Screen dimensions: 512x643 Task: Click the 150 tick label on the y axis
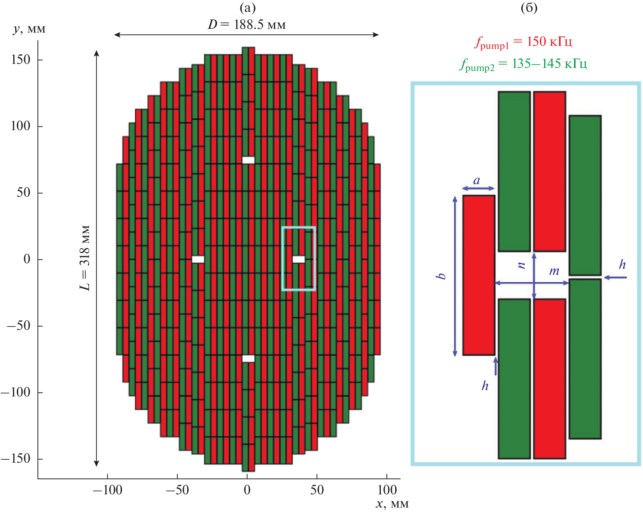coord(20,60)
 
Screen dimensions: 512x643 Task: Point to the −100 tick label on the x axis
coord(107,490)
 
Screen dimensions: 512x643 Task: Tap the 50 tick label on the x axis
coord(317,490)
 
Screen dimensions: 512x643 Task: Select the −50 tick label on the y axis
coord(19,326)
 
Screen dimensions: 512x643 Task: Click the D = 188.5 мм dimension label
coord(247,24)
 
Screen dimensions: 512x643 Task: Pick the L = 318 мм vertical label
coord(85,258)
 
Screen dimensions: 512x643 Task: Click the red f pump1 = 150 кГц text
coord(523,42)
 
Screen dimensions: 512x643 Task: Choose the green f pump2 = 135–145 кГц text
coord(523,64)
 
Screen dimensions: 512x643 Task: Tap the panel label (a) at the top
coord(247,8)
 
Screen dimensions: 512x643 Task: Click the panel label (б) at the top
coord(529,8)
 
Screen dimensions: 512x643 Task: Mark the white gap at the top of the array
coord(248,160)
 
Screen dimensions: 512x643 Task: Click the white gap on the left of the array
coord(198,259)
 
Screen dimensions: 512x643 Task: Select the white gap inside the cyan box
coord(299,259)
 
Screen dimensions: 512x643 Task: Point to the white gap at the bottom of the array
coord(248,358)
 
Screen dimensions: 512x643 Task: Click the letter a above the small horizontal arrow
coord(477,181)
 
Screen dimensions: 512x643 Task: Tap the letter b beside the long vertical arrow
coord(441,276)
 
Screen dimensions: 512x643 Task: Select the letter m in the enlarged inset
coord(554,271)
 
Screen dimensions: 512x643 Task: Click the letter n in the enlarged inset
coord(521,265)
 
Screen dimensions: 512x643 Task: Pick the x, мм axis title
coord(392,504)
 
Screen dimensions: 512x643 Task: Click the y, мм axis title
coord(29,29)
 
